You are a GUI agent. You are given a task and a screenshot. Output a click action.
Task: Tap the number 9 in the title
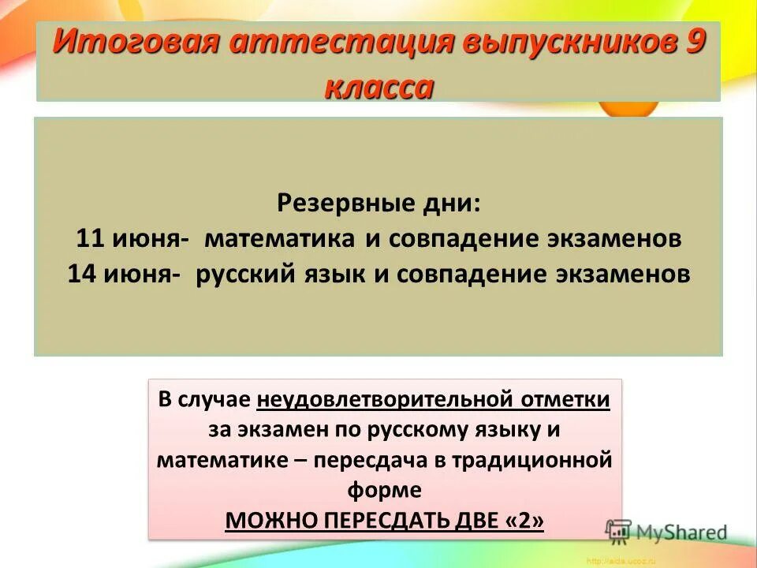691,42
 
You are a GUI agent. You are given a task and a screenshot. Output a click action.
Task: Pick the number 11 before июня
92,239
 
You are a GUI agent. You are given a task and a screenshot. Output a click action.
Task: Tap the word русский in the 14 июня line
244,274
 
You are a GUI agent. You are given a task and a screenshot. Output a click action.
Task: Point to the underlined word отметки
565,400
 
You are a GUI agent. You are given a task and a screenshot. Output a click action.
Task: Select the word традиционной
531,461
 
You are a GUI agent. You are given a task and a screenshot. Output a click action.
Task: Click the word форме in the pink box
384,491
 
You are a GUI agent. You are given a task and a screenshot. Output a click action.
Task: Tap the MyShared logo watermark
666,532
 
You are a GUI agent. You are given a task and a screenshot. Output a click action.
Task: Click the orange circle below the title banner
628,110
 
